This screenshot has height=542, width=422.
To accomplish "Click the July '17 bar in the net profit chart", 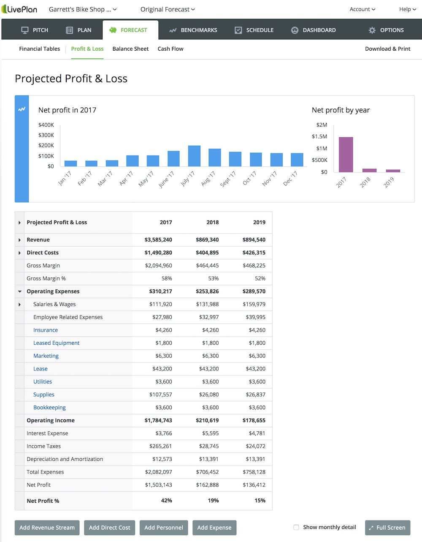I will [x=194, y=156].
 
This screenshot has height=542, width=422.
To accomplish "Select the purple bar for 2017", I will [x=346, y=155].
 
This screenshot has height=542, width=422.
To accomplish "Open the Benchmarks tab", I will [x=193, y=30].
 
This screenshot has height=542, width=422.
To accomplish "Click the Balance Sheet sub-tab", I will [x=130, y=49].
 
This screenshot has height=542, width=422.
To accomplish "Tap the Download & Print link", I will [x=387, y=49].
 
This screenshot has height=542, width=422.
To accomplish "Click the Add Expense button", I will [x=214, y=527].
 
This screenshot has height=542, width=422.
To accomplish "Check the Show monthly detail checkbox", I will [x=296, y=527].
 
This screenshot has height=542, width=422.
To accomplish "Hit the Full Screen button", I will [x=387, y=527].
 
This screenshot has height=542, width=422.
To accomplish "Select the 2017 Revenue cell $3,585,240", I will [x=158, y=240].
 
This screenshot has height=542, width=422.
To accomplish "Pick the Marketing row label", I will [x=46, y=356].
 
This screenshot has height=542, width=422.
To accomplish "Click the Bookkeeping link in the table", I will [x=49, y=407].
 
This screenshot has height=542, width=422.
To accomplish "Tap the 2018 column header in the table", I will [x=212, y=222].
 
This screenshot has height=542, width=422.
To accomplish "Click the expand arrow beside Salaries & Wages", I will [x=19, y=304].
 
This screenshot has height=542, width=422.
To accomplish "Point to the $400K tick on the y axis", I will [x=46, y=125].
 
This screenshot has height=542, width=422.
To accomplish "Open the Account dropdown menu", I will [x=362, y=9].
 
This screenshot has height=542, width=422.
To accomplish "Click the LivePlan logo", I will [x=19, y=9].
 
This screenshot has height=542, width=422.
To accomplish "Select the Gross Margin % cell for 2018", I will [x=213, y=278].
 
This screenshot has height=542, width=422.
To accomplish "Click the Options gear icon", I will [x=372, y=30].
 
